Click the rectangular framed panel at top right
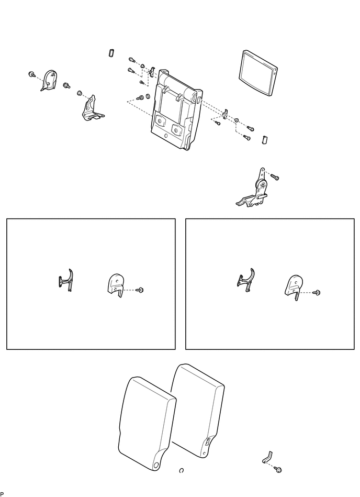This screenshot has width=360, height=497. (x=257, y=73)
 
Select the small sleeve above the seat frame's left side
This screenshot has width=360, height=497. (x=111, y=53)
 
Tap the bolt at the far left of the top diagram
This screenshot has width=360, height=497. (x=32, y=74)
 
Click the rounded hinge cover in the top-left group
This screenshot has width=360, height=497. (x=48, y=80)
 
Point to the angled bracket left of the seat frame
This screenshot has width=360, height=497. (x=91, y=109)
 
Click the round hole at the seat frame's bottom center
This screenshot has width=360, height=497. (x=165, y=136)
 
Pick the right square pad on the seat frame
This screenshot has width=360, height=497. (x=176, y=129)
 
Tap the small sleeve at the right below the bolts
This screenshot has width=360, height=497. (x=265, y=139)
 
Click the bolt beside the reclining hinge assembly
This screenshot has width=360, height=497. (x=275, y=176)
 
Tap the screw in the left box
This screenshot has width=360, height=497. (x=139, y=290)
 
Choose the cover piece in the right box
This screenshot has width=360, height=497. (x=294, y=287)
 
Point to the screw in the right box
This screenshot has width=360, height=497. (x=316, y=293)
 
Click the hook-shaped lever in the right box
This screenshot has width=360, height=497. (x=246, y=280)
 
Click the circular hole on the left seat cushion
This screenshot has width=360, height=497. (x=156, y=465)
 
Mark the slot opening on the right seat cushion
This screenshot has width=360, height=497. (x=207, y=443)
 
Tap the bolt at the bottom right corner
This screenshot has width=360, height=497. (x=278, y=469)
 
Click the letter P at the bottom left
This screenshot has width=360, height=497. (x=2, y=494)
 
